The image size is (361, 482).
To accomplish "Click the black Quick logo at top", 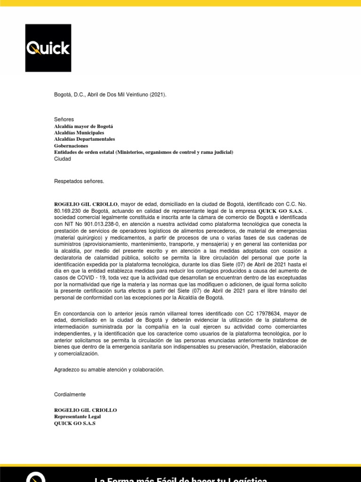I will click(48, 48).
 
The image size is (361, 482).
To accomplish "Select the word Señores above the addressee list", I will click(64, 120).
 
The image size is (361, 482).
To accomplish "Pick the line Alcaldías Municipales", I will click(79, 133).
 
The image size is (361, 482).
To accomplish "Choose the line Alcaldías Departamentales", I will click(85, 139).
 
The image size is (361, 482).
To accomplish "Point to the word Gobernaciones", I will click(74, 146).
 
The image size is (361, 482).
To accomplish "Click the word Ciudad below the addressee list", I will click(63, 159).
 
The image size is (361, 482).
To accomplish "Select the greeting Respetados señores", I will click(79, 181).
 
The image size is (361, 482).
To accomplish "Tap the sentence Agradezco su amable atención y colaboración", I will click(110, 370).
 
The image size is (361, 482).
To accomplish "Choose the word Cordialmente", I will click(71, 394).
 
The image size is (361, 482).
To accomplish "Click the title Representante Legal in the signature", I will click(78, 417).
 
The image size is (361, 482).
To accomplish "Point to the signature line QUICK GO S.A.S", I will click(75, 423).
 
